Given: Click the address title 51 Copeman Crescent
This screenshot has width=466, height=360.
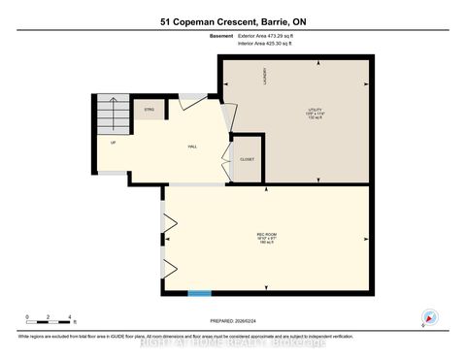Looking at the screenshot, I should pyautogui.click(x=232, y=21).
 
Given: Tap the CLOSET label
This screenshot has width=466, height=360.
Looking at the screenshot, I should pyautogui.click(x=247, y=159).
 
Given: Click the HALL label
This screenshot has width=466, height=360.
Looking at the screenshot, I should pyautogui.click(x=192, y=146).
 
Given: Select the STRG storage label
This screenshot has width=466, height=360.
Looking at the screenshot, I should pyautogui.click(x=150, y=110).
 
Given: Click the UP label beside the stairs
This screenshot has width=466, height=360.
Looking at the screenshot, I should pyautogui.click(x=114, y=143).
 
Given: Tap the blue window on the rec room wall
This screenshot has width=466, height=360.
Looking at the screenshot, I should pyautogui.click(x=199, y=292).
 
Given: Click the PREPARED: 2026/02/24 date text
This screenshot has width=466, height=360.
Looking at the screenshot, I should pyautogui.click(x=234, y=319).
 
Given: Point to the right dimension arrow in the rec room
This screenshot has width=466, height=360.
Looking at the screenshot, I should pyautogui.click(x=364, y=237).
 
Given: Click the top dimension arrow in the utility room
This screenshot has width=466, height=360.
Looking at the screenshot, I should pyautogui.click(x=319, y=63).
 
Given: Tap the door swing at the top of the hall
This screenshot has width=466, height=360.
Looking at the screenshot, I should pyautogui.click(x=190, y=98).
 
